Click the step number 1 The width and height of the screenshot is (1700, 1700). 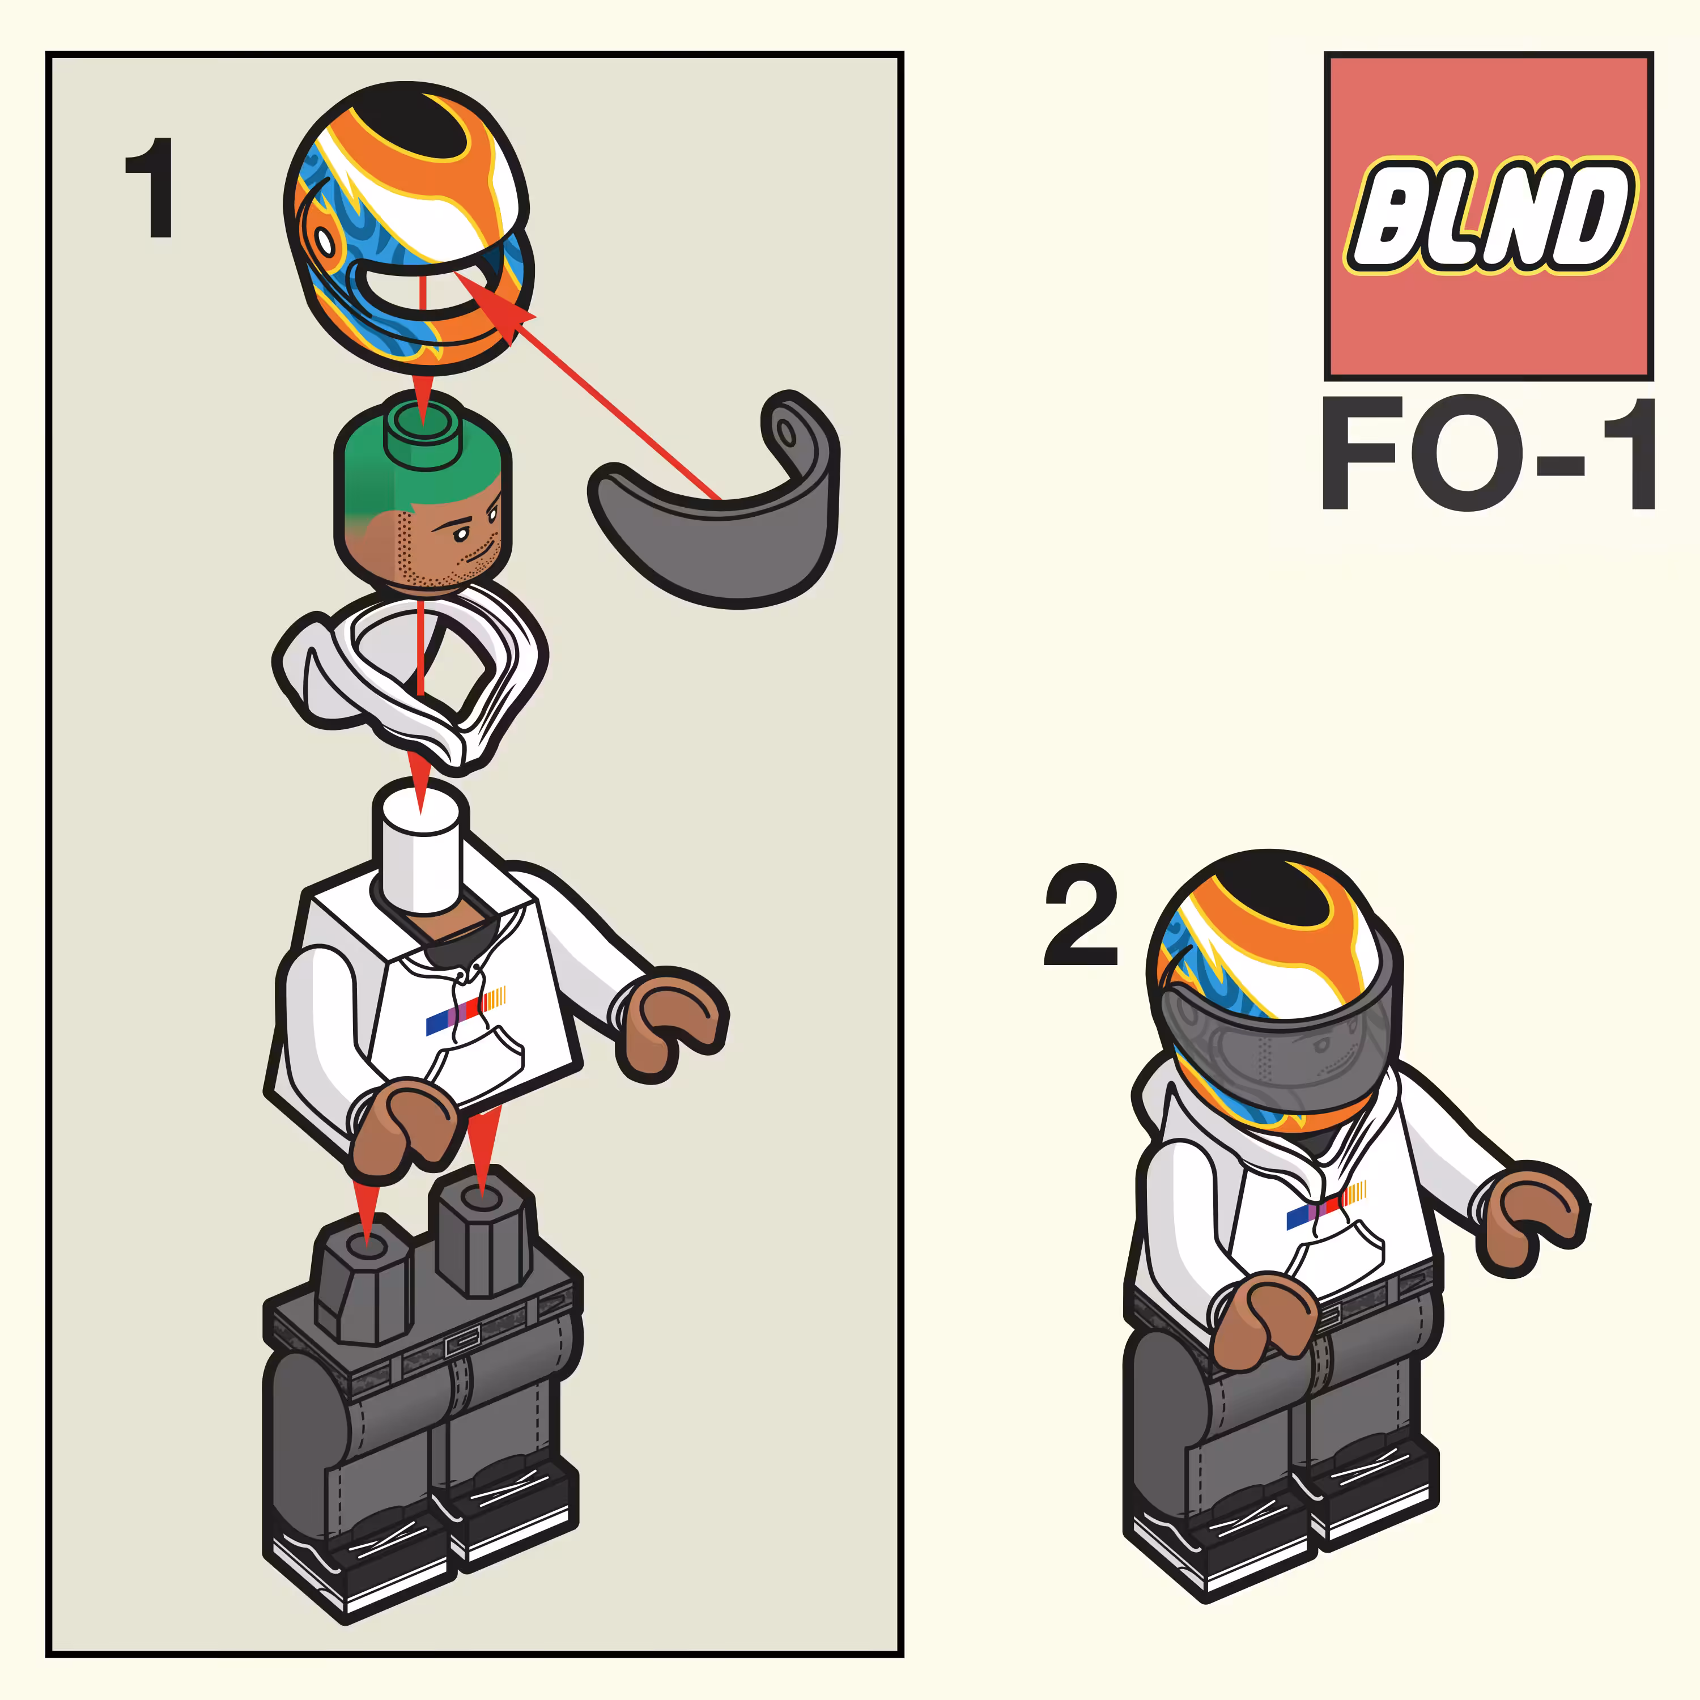(x=151, y=188)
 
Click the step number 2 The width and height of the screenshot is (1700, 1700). (x=1081, y=915)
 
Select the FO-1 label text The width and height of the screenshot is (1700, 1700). (x=1488, y=454)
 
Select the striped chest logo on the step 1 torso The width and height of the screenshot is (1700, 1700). (x=465, y=1011)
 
